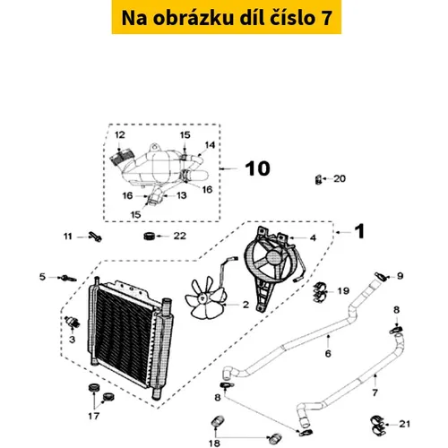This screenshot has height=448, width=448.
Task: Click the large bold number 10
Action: click(258, 168)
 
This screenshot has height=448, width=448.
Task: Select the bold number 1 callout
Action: click(360, 231)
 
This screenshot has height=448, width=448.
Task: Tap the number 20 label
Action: click(340, 178)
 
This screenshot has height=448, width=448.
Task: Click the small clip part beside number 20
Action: click(318, 179)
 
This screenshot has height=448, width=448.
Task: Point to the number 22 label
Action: click(180, 236)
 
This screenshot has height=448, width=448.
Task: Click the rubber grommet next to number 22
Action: click(150, 236)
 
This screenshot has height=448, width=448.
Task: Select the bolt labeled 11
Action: click(95, 237)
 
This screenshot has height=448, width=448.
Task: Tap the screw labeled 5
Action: click(69, 279)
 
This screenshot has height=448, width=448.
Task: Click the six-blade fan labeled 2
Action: click(205, 297)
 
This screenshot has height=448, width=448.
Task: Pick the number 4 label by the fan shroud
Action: click(313, 237)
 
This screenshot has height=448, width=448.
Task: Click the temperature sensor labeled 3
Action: click(73, 322)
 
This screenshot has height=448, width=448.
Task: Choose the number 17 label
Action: click(93, 416)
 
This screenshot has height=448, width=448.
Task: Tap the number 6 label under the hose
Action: click(328, 354)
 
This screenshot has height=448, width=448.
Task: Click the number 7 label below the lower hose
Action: click(375, 392)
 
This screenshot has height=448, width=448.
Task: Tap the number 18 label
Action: click(214, 443)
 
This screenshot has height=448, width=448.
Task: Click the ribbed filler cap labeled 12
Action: click(122, 158)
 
